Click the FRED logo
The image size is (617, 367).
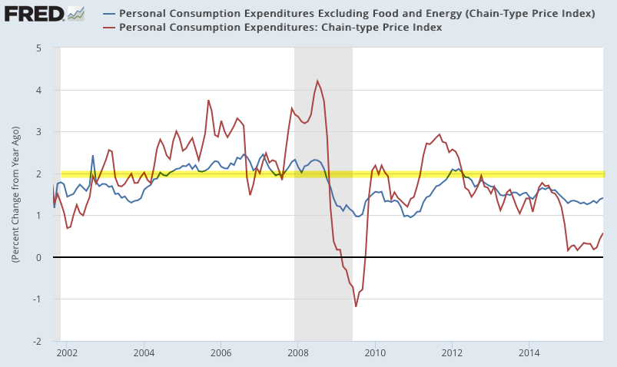tap(33, 14)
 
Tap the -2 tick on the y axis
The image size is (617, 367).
tap(36, 341)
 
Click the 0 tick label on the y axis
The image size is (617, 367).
tap(38, 257)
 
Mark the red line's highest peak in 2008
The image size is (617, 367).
tap(317, 81)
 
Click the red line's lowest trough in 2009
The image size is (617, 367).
tap(356, 306)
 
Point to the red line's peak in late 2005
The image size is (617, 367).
tap(208, 100)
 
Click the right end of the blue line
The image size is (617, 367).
tap(603, 198)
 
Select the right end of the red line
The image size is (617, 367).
tap(603, 233)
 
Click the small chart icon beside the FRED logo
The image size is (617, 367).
tap(76, 13)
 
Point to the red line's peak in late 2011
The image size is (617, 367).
tap(440, 134)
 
